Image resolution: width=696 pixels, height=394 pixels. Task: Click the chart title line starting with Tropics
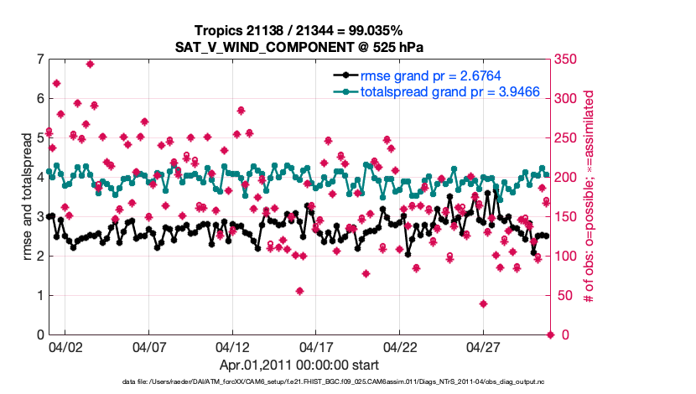click(x=299, y=30)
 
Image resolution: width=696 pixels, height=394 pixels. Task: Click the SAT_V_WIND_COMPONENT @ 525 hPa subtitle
click(x=299, y=46)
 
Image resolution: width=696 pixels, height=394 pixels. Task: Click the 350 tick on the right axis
click(x=567, y=60)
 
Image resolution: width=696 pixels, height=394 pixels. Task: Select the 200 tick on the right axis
click(x=567, y=178)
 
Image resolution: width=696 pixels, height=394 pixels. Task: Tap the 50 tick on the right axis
click(x=564, y=296)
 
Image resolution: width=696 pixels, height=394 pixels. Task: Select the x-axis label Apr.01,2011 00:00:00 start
click(x=299, y=365)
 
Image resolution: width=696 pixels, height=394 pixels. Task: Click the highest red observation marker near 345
click(x=90, y=64)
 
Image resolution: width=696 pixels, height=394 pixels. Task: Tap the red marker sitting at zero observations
click(x=550, y=334)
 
